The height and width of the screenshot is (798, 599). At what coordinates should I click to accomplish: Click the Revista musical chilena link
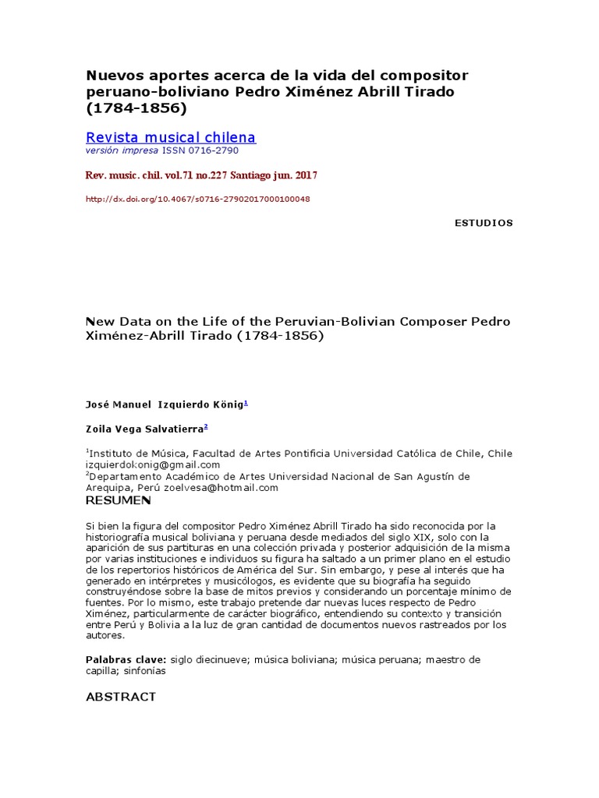(170, 138)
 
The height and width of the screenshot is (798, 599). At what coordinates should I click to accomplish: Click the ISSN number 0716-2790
(211, 150)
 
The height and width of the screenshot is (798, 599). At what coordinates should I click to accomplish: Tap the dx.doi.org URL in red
(197, 199)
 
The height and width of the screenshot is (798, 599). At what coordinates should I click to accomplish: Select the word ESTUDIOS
(484, 223)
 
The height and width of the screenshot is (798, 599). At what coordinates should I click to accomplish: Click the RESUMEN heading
(118, 500)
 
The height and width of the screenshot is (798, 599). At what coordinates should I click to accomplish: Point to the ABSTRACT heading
(120, 696)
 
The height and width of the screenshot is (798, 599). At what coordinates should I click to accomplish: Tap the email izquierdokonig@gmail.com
(153, 464)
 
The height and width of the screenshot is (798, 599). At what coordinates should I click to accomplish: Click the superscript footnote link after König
(246, 403)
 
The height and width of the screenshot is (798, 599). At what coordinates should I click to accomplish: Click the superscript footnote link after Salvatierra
(205, 427)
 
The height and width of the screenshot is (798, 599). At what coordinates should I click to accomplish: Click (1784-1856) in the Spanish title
(136, 108)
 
